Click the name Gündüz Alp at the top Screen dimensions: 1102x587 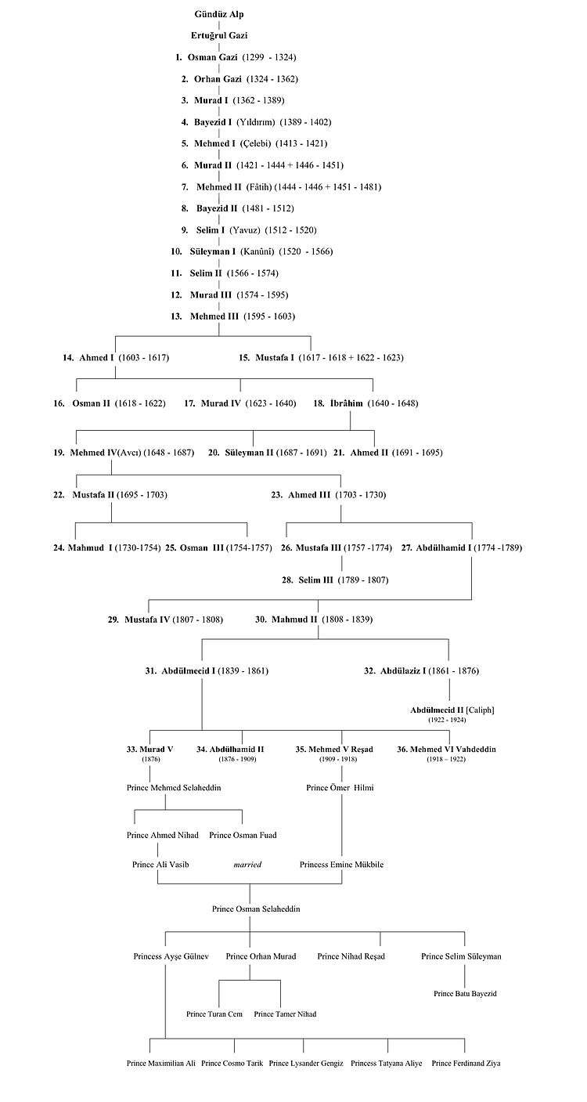pos(218,14)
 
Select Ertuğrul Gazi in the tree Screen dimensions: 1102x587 pos(219,35)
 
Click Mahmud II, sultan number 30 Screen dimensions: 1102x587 pos(294,620)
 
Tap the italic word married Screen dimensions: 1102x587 pos(247,865)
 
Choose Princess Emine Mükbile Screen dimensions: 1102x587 pos(341,865)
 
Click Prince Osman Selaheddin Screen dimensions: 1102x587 pos(256,909)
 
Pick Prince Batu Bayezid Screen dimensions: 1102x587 pos(465,993)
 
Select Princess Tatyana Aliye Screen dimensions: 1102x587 pos(386,1064)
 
